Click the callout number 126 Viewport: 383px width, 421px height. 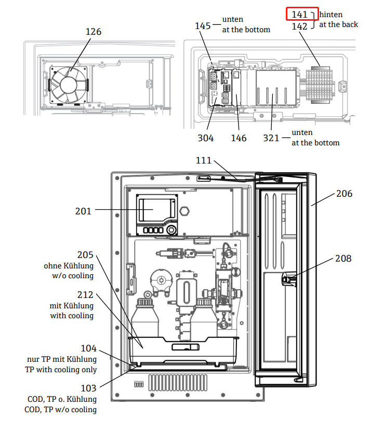coord(94,32)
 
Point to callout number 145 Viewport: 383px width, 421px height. coord(203,25)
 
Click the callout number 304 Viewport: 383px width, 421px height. coord(205,138)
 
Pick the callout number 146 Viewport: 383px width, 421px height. coord(239,138)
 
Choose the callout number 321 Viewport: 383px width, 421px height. coord(271,138)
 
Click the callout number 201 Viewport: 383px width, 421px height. coord(83,211)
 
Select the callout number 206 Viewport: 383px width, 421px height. coord(344,194)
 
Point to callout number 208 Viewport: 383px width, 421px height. coord(343,258)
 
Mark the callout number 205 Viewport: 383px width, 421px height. coord(86,255)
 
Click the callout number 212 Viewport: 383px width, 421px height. coord(86,295)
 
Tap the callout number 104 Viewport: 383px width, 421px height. coord(88,348)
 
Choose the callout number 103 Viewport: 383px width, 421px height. coord(88,388)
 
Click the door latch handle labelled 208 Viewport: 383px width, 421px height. coord(286,280)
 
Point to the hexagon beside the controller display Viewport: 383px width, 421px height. coord(184,211)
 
